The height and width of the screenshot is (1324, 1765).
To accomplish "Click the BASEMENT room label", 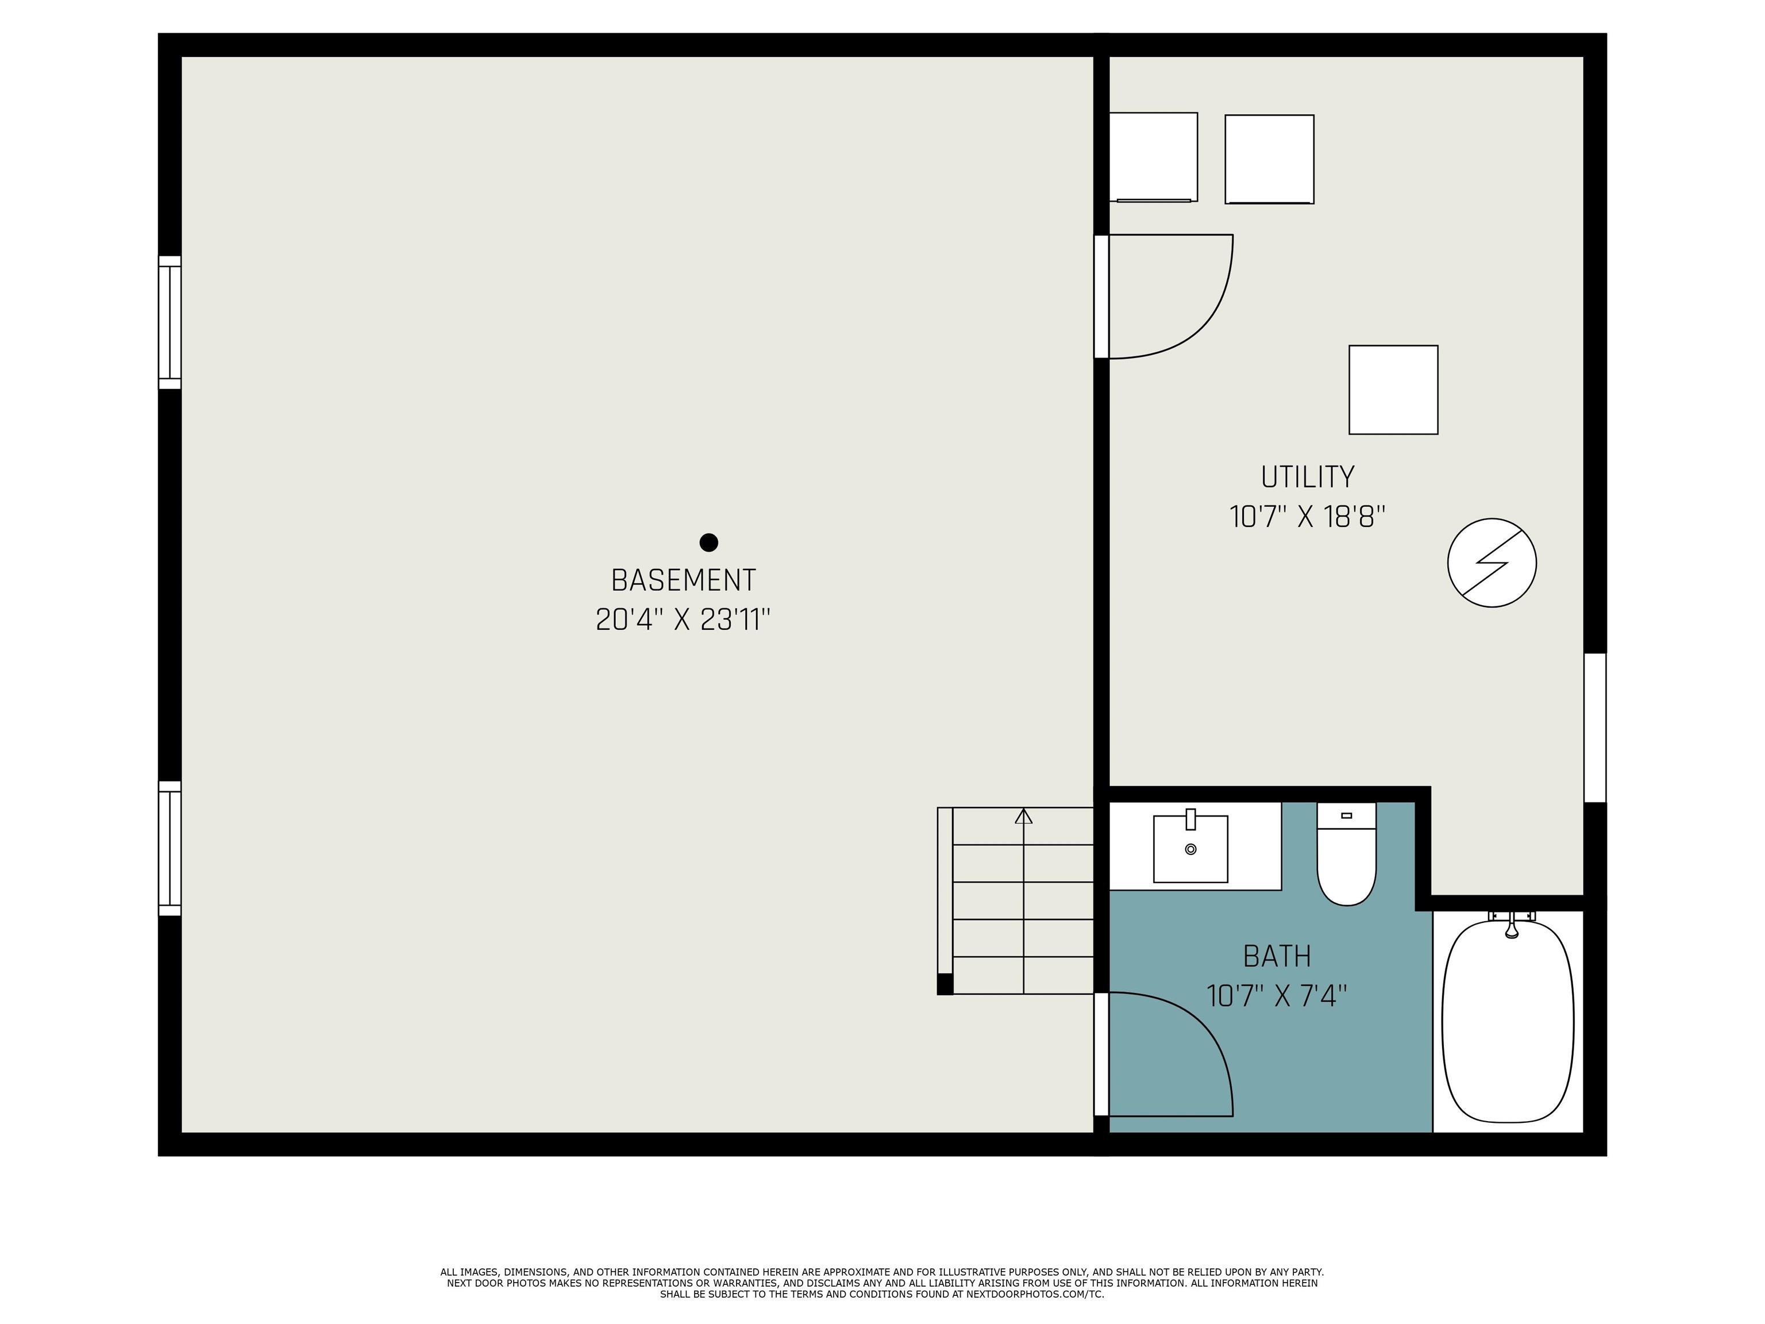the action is (x=683, y=580).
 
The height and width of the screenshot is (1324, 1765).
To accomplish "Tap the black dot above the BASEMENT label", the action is (x=708, y=542).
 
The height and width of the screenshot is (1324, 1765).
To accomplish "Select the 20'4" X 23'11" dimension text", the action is (x=683, y=620).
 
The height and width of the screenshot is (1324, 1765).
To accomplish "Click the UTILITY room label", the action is (x=1308, y=477).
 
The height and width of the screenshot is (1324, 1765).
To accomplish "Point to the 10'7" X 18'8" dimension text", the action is (x=1308, y=517).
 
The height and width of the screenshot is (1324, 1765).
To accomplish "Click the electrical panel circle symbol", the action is (x=1492, y=563).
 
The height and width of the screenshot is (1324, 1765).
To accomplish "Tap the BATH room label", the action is (x=1277, y=956).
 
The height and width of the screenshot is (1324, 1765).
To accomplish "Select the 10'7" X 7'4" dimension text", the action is (x=1277, y=996).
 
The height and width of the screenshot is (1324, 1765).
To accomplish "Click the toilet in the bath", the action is (x=1347, y=854).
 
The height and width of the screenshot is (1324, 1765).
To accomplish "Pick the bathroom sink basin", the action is (x=1190, y=848).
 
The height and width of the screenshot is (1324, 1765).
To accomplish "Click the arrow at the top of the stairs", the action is (x=1024, y=817).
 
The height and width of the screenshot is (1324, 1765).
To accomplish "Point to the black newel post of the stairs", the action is (x=945, y=984).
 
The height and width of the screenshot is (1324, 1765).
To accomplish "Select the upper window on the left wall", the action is (x=170, y=322).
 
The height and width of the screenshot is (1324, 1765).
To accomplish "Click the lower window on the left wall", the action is (x=170, y=848).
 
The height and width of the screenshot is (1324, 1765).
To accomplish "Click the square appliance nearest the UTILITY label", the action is (x=1393, y=390).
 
